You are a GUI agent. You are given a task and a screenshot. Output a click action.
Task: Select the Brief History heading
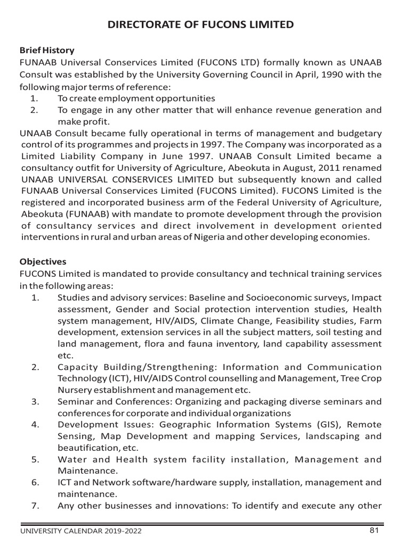click(x=47, y=51)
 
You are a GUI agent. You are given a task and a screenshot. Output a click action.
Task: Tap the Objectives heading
click(x=43, y=262)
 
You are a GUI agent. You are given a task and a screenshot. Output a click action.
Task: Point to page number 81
click(x=373, y=530)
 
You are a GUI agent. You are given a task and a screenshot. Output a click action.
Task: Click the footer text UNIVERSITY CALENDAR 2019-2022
click(x=81, y=531)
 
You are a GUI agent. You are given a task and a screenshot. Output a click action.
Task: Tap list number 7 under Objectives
click(x=35, y=506)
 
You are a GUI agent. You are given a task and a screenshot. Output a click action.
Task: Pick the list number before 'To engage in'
click(x=35, y=111)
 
